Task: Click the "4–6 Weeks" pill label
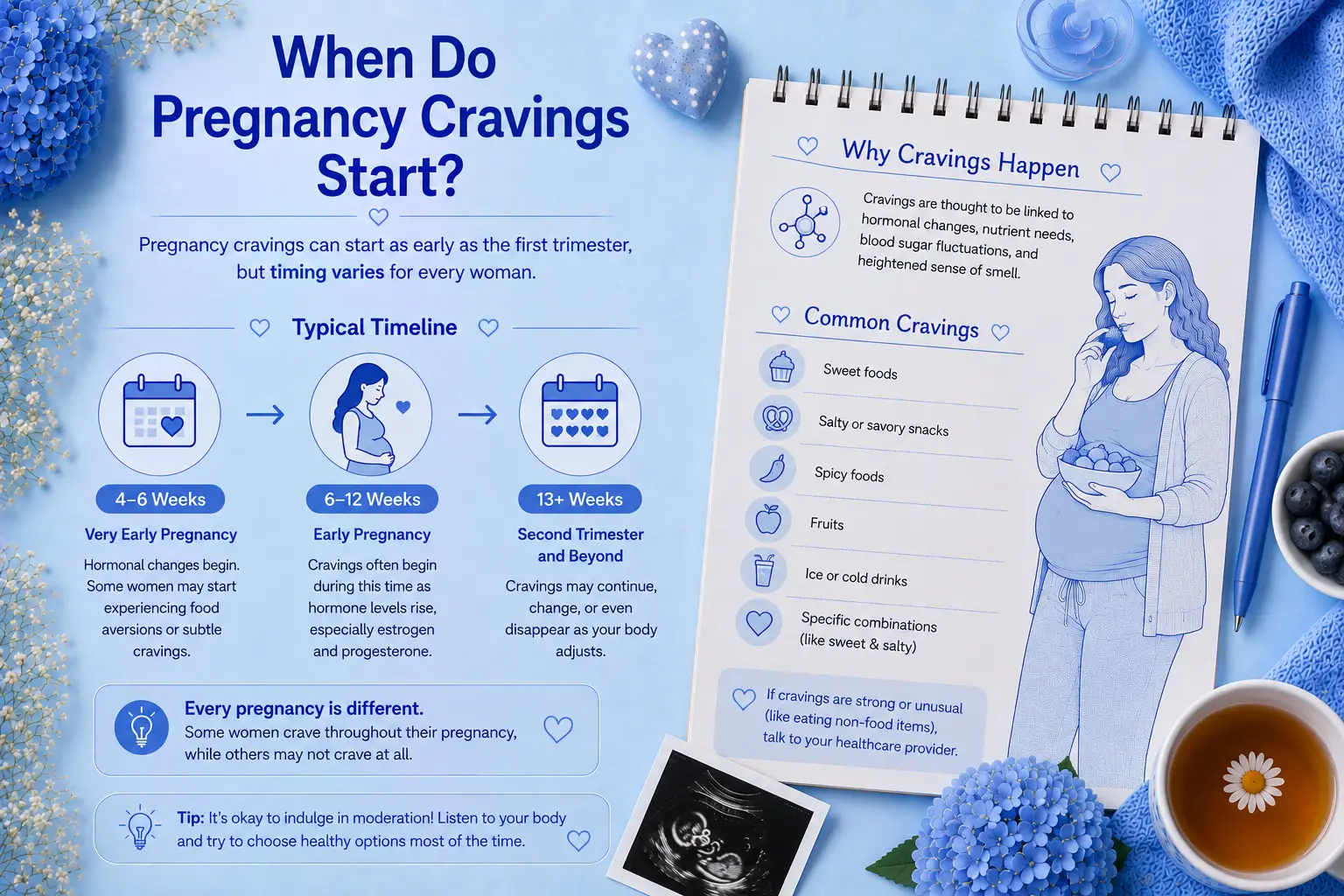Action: tap(160, 499)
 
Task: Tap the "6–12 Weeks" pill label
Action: tap(372, 499)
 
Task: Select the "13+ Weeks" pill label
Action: tap(579, 499)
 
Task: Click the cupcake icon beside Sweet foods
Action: tap(780, 367)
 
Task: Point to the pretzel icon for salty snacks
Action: tap(777, 417)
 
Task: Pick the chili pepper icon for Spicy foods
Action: tap(773, 469)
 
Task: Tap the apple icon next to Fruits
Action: tap(768, 519)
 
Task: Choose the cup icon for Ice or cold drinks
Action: tap(763, 570)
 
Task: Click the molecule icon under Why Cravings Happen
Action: tap(805, 222)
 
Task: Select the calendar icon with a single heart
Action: tap(159, 413)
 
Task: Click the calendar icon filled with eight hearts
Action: tap(579, 413)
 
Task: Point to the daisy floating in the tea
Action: tap(1253, 782)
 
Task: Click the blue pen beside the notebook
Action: tap(1270, 456)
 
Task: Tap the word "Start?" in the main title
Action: tap(390, 175)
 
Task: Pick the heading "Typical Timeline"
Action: tap(374, 327)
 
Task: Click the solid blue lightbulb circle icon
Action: tap(141, 727)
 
